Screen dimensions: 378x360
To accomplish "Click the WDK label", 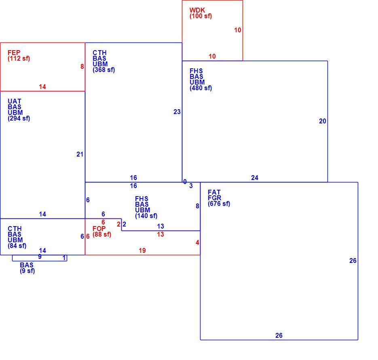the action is [197, 10].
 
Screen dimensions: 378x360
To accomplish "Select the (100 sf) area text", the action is [201, 16].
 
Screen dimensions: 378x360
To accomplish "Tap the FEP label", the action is [14, 53].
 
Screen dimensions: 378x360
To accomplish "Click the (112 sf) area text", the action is [19, 59].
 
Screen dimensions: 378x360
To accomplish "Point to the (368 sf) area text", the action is [103, 70].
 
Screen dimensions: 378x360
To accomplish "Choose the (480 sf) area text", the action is [201, 88].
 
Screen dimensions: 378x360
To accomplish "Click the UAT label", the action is [15, 101].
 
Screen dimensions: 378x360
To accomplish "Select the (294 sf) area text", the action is [19, 119].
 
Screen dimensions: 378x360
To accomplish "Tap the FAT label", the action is [214, 192].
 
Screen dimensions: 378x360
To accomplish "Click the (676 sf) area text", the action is [219, 204].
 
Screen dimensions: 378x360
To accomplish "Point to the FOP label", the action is [99, 229].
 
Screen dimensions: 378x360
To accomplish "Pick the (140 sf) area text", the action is [146, 216].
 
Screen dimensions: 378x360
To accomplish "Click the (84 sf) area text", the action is [17, 246].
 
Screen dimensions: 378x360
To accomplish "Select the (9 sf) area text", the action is [27, 271].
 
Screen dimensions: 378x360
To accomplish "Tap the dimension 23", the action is [177, 112].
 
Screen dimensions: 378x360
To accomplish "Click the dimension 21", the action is [80, 155].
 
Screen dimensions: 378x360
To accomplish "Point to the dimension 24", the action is [255, 178].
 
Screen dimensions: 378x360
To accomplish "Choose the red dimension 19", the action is [142, 250].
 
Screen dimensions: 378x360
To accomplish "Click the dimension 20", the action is [323, 121].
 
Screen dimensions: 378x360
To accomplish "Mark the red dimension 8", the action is [82, 66].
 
